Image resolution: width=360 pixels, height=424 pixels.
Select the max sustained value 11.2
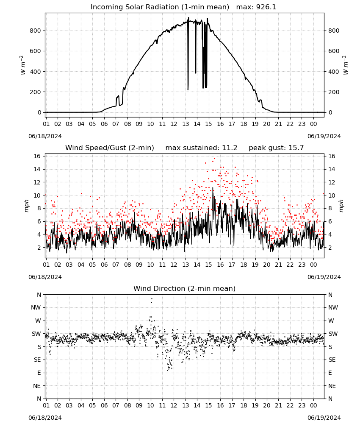(x=230, y=148)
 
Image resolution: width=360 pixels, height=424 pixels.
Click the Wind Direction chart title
(x=185, y=288)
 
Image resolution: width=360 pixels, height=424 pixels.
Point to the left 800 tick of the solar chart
(x=36, y=31)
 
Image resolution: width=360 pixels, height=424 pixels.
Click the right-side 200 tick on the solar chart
(x=334, y=92)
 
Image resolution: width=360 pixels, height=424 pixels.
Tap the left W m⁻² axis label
(x=23, y=65)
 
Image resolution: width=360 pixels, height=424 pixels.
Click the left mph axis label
(x=26, y=206)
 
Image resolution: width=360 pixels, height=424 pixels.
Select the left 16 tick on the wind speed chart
(x=37, y=156)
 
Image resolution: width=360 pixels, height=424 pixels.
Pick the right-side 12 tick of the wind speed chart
(x=332, y=182)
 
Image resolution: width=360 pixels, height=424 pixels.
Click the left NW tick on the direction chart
(x=36, y=307)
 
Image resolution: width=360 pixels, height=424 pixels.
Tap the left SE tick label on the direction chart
(x=37, y=360)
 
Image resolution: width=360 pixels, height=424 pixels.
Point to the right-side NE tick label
(x=332, y=386)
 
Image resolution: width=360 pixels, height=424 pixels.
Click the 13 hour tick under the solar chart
(x=186, y=124)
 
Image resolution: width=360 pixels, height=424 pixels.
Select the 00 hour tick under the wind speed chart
(x=313, y=265)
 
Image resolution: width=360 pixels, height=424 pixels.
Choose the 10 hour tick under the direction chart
(x=150, y=405)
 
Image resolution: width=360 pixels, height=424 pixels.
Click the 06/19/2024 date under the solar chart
(x=324, y=136)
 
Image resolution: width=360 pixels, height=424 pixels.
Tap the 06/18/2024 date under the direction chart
(x=45, y=418)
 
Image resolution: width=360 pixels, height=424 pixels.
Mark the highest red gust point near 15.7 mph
(x=214, y=159)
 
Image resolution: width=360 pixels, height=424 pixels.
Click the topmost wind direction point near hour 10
(x=152, y=299)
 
